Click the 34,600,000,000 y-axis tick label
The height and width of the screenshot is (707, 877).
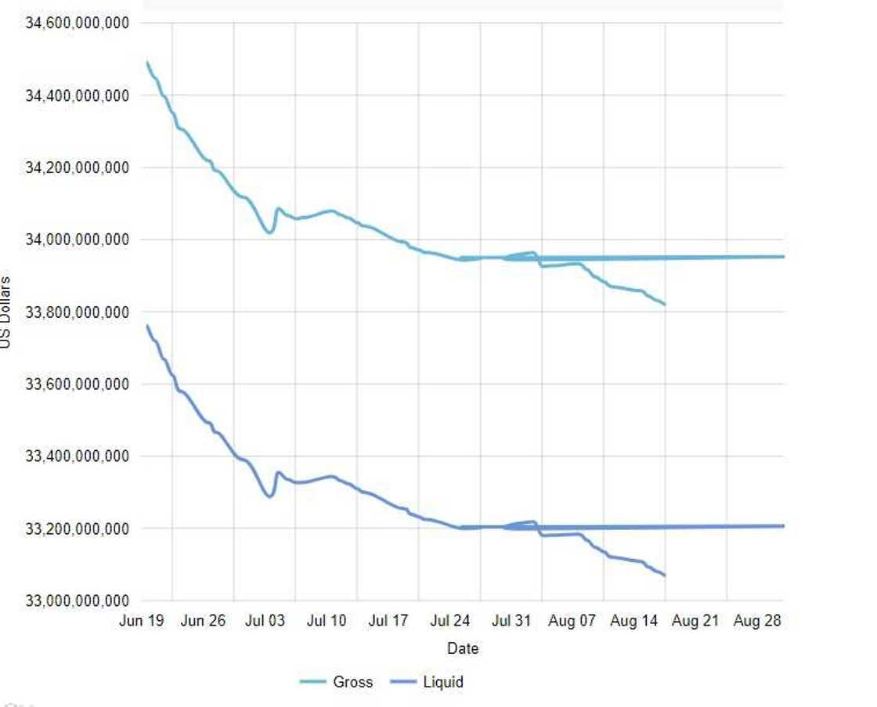pos(78,23)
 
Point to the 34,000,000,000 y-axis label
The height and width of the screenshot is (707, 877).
pos(78,240)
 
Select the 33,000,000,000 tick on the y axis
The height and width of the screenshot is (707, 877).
pos(78,601)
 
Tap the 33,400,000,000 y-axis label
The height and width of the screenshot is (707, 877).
pos(78,456)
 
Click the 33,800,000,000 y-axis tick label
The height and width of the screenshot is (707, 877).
pos(78,312)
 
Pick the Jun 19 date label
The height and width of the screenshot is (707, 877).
pos(142,621)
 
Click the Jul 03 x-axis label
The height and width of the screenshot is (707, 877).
pos(265,621)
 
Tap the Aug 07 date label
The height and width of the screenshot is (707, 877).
pos(572,621)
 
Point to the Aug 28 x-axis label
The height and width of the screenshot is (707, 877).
pos(757,621)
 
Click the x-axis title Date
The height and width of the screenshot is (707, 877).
pos(463,648)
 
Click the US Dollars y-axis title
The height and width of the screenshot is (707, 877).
pos(5,312)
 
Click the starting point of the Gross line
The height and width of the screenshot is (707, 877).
pos(147,62)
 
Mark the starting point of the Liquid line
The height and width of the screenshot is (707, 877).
pos(147,326)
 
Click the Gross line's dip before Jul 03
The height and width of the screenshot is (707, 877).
pos(269,233)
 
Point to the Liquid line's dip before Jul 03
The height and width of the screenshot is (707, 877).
pos(269,496)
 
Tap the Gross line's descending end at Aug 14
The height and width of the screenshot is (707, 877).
pos(664,304)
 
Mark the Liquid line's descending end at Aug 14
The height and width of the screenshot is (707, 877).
pos(664,575)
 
